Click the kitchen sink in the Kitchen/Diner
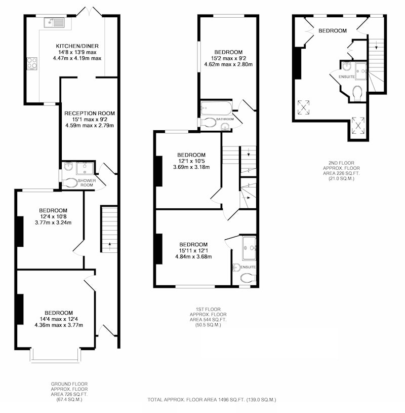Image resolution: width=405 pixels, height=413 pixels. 55,22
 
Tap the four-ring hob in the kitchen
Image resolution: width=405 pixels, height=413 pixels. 32,64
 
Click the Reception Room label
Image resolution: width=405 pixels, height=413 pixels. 90,114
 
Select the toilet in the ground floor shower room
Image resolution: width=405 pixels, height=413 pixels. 70,183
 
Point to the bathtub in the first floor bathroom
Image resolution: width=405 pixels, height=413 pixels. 216,108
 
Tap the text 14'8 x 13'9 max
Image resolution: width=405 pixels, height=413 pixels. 77,52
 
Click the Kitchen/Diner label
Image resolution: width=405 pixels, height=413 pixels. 77,46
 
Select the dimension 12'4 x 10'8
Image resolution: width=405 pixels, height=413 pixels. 53,216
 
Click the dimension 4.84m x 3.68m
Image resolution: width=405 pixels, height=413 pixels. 193,256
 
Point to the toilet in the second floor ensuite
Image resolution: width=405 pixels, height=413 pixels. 357,93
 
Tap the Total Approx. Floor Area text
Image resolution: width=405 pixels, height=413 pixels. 212,399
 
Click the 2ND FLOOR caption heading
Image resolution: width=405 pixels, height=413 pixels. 341,163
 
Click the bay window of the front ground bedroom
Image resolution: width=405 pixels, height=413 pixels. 55,356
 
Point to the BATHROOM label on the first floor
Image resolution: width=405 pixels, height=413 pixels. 225,119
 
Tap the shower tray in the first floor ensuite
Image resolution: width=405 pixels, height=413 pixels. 249,248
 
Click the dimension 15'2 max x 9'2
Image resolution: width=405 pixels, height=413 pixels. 228,58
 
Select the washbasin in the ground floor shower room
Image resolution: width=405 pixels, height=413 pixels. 69,166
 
